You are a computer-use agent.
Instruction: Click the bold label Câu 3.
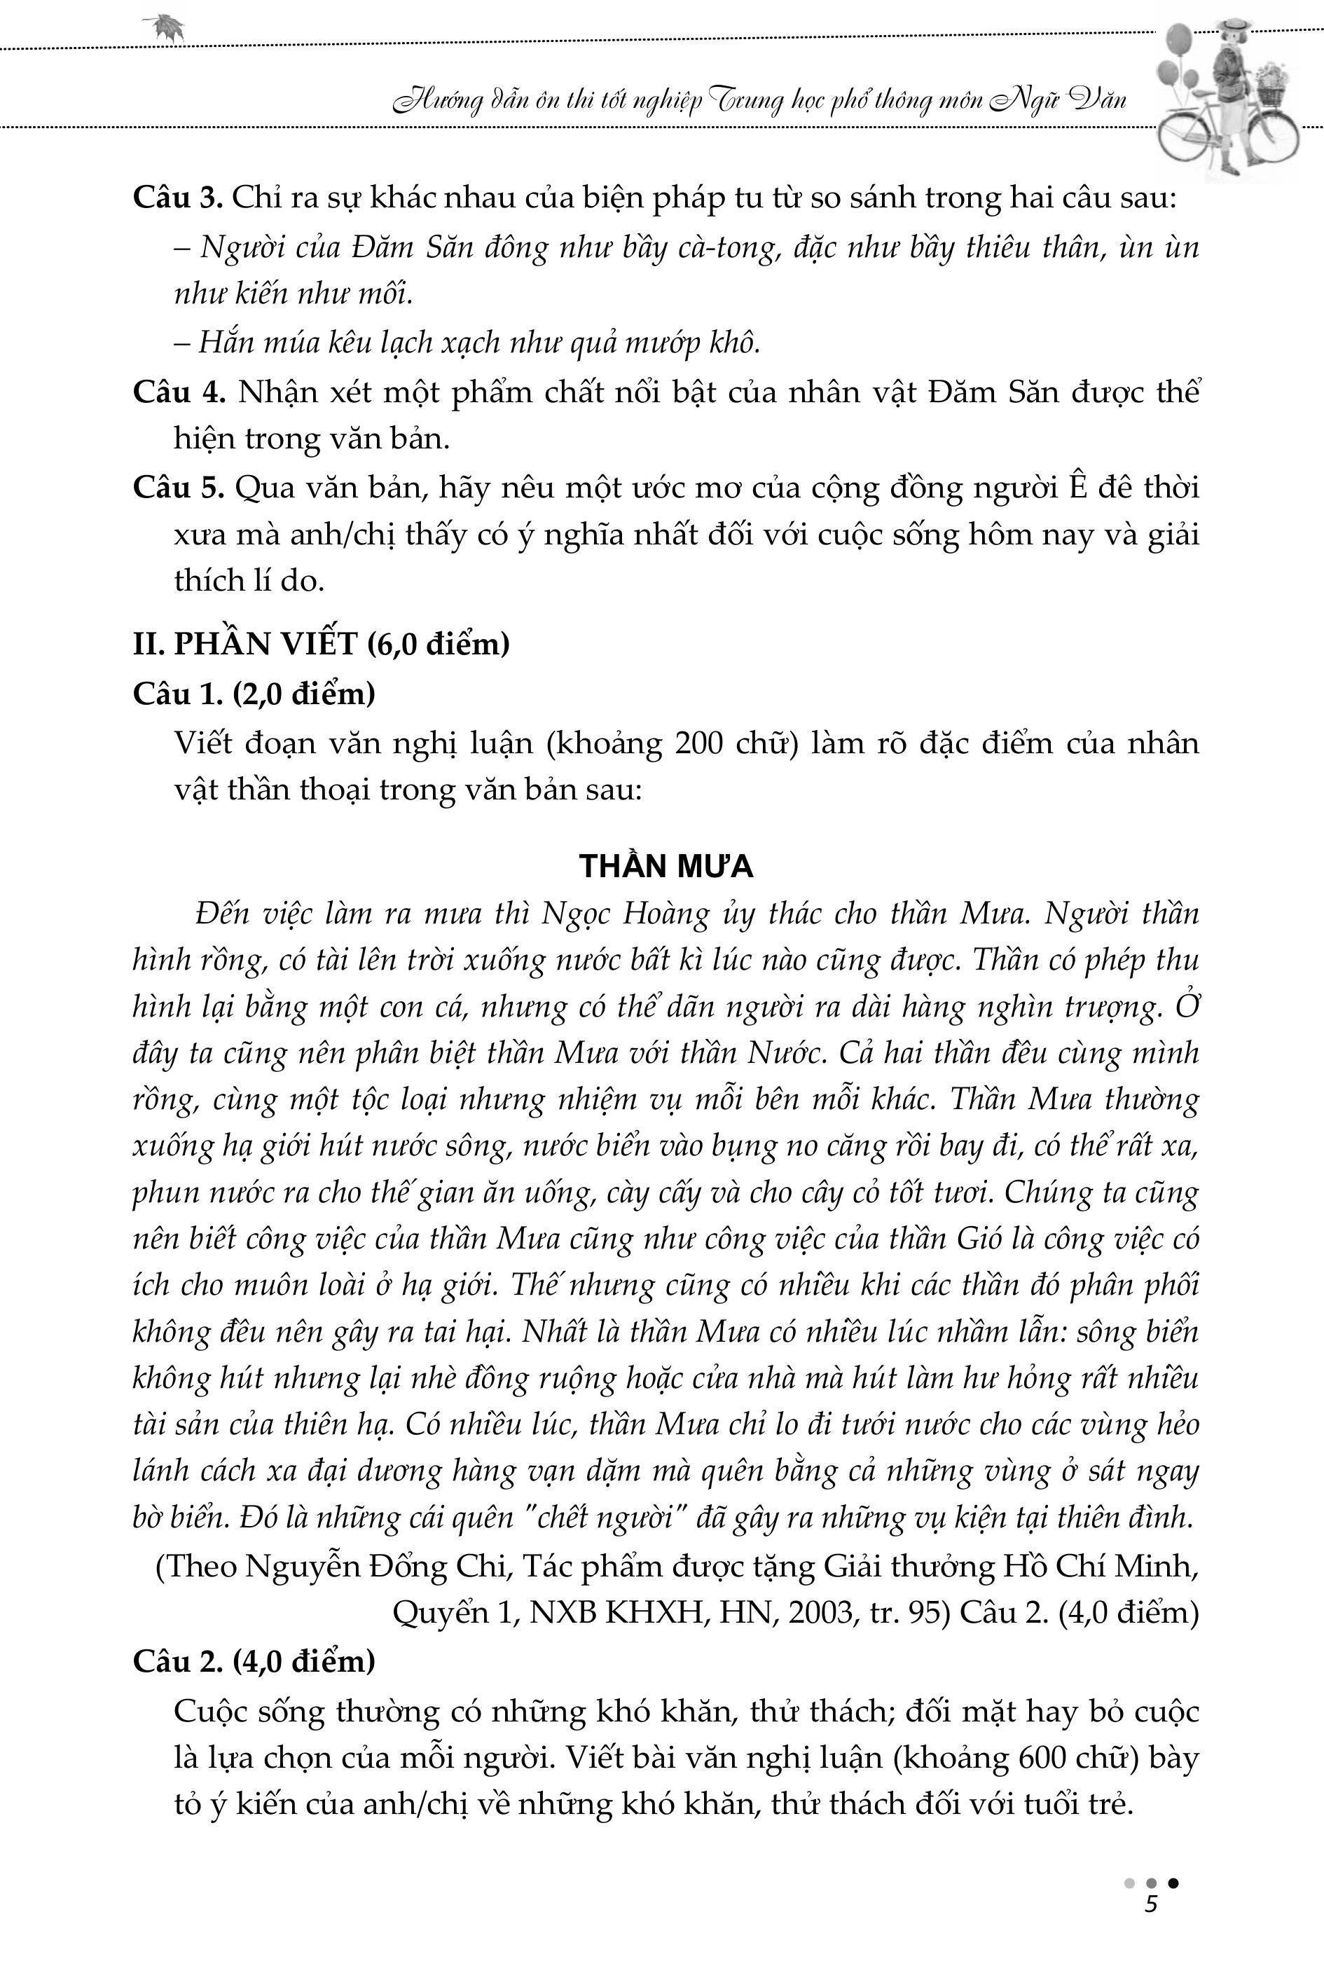coord(177,198)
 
